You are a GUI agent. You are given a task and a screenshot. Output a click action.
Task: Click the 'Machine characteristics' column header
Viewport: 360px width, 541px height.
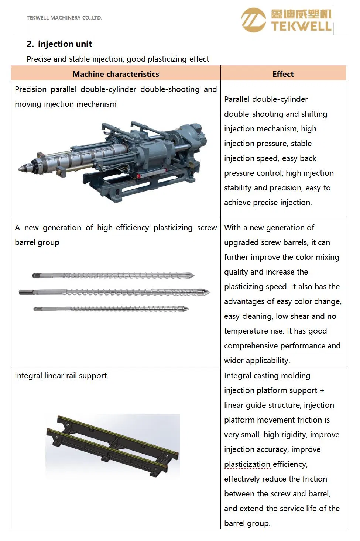[x=116, y=74]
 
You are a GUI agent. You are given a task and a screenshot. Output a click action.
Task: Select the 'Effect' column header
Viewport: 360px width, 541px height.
[x=283, y=74]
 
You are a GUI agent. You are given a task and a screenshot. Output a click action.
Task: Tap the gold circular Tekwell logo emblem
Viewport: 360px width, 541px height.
[x=253, y=20]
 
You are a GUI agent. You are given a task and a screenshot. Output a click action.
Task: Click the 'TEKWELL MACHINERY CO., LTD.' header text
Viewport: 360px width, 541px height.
[x=64, y=18]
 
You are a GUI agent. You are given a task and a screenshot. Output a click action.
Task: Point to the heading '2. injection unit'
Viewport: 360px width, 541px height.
[x=59, y=44]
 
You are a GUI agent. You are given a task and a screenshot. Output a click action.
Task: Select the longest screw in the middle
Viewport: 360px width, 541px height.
[x=114, y=292]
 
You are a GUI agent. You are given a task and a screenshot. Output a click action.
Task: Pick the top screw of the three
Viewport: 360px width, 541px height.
[x=113, y=275]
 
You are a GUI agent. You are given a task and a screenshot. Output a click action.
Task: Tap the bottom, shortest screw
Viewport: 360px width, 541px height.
[x=111, y=309]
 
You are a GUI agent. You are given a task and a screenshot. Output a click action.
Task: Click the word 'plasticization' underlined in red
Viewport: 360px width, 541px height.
[x=247, y=464]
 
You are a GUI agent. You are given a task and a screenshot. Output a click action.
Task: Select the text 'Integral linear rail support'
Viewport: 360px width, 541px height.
[x=61, y=376]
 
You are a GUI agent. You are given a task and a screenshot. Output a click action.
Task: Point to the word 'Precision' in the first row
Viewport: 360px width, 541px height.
[x=31, y=89]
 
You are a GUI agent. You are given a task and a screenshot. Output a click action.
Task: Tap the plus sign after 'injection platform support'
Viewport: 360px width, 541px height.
[x=322, y=390]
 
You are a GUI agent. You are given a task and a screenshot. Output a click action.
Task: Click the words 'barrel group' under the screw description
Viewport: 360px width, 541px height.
[x=37, y=242]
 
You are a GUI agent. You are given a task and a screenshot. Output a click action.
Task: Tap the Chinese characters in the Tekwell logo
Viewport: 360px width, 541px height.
[x=301, y=14]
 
